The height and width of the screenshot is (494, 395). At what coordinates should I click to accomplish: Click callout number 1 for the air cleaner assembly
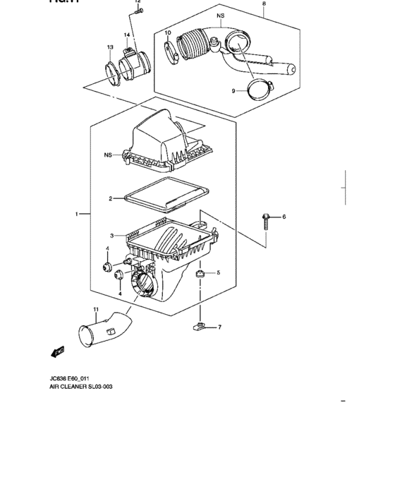tap(77, 212)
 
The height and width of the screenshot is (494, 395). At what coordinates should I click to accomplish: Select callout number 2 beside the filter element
tap(111, 199)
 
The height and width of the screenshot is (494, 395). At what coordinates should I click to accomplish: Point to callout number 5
tap(218, 272)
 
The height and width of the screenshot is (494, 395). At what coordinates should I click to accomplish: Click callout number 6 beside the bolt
tap(284, 217)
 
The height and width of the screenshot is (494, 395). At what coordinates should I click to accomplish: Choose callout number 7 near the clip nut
tap(219, 327)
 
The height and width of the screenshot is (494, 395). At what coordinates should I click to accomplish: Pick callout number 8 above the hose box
tap(264, 4)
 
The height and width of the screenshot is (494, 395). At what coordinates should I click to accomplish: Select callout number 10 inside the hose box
tap(168, 33)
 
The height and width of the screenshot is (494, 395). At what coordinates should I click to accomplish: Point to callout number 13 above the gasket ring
tap(110, 47)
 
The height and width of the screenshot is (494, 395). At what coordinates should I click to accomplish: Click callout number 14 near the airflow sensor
tap(127, 35)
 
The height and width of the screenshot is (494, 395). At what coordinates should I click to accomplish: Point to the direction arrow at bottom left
tap(57, 350)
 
